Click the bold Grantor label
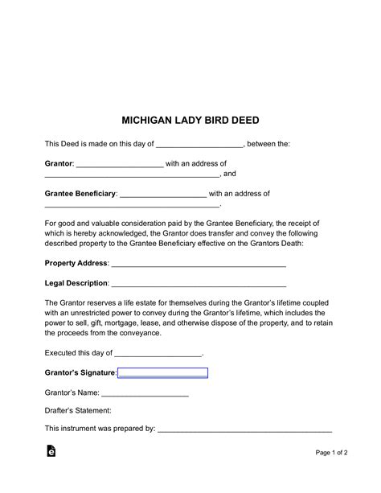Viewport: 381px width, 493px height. pos(59,163)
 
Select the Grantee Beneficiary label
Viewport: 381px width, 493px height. pos(80,194)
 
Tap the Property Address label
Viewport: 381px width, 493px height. pos(76,263)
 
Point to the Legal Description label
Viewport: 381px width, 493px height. pos(76,283)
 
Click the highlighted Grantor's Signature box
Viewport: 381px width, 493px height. pos(162,372)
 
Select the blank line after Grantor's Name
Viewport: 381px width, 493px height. pos(145,394)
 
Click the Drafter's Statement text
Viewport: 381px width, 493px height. pos(78,410)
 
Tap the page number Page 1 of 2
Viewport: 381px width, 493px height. pos(331,452)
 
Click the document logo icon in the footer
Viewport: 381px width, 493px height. pos(51,451)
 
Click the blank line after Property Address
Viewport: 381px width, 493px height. pos(199,265)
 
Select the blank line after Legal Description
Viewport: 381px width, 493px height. pos(198,285)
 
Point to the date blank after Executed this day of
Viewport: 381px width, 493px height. pos(158,354)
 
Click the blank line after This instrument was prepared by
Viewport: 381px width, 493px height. pos(244,430)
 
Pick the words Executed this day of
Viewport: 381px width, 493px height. pos(79,352)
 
